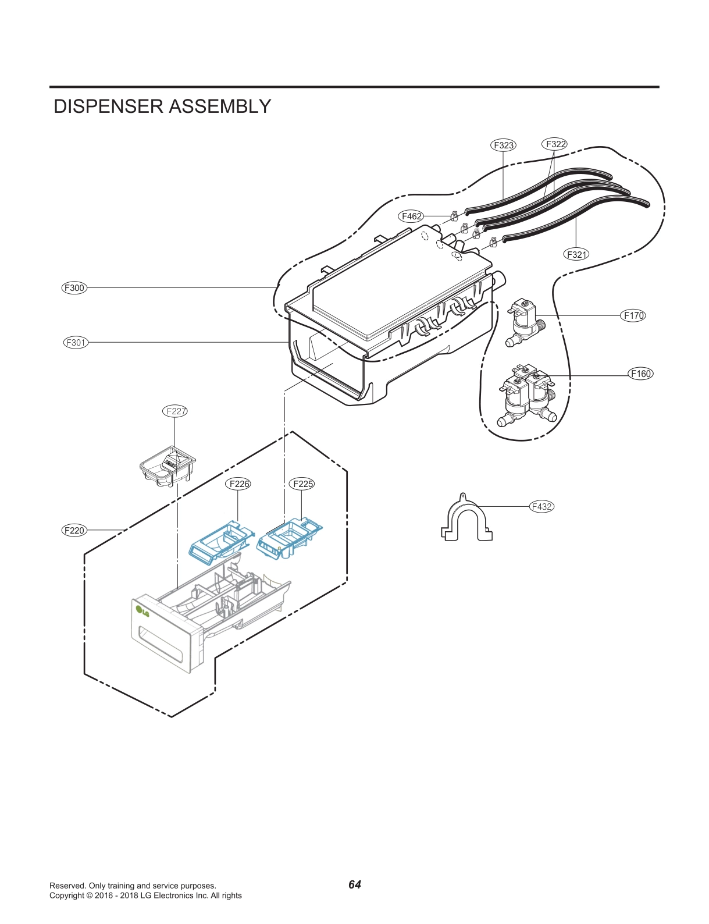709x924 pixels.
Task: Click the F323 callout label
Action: tap(503, 145)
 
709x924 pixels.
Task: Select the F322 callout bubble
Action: tap(555, 144)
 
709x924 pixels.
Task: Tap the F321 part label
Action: tap(576, 254)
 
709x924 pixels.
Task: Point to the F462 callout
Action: tap(412, 216)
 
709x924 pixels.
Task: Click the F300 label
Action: tap(74, 287)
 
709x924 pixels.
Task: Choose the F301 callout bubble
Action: tap(76, 342)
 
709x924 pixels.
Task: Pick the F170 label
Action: tap(633, 315)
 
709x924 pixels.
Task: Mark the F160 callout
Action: tap(641, 374)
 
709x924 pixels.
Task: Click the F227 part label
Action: tap(175, 411)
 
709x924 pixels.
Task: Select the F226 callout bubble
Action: tap(238, 484)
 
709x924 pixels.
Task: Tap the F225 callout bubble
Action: tap(302, 484)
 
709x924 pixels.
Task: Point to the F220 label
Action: tap(74, 530)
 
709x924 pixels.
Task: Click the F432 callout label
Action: tap(541, 506)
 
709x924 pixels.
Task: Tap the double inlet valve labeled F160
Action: tap(527, 395)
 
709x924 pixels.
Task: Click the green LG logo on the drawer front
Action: tap(142, 611)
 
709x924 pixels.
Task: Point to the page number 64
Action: tap(354, 884)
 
